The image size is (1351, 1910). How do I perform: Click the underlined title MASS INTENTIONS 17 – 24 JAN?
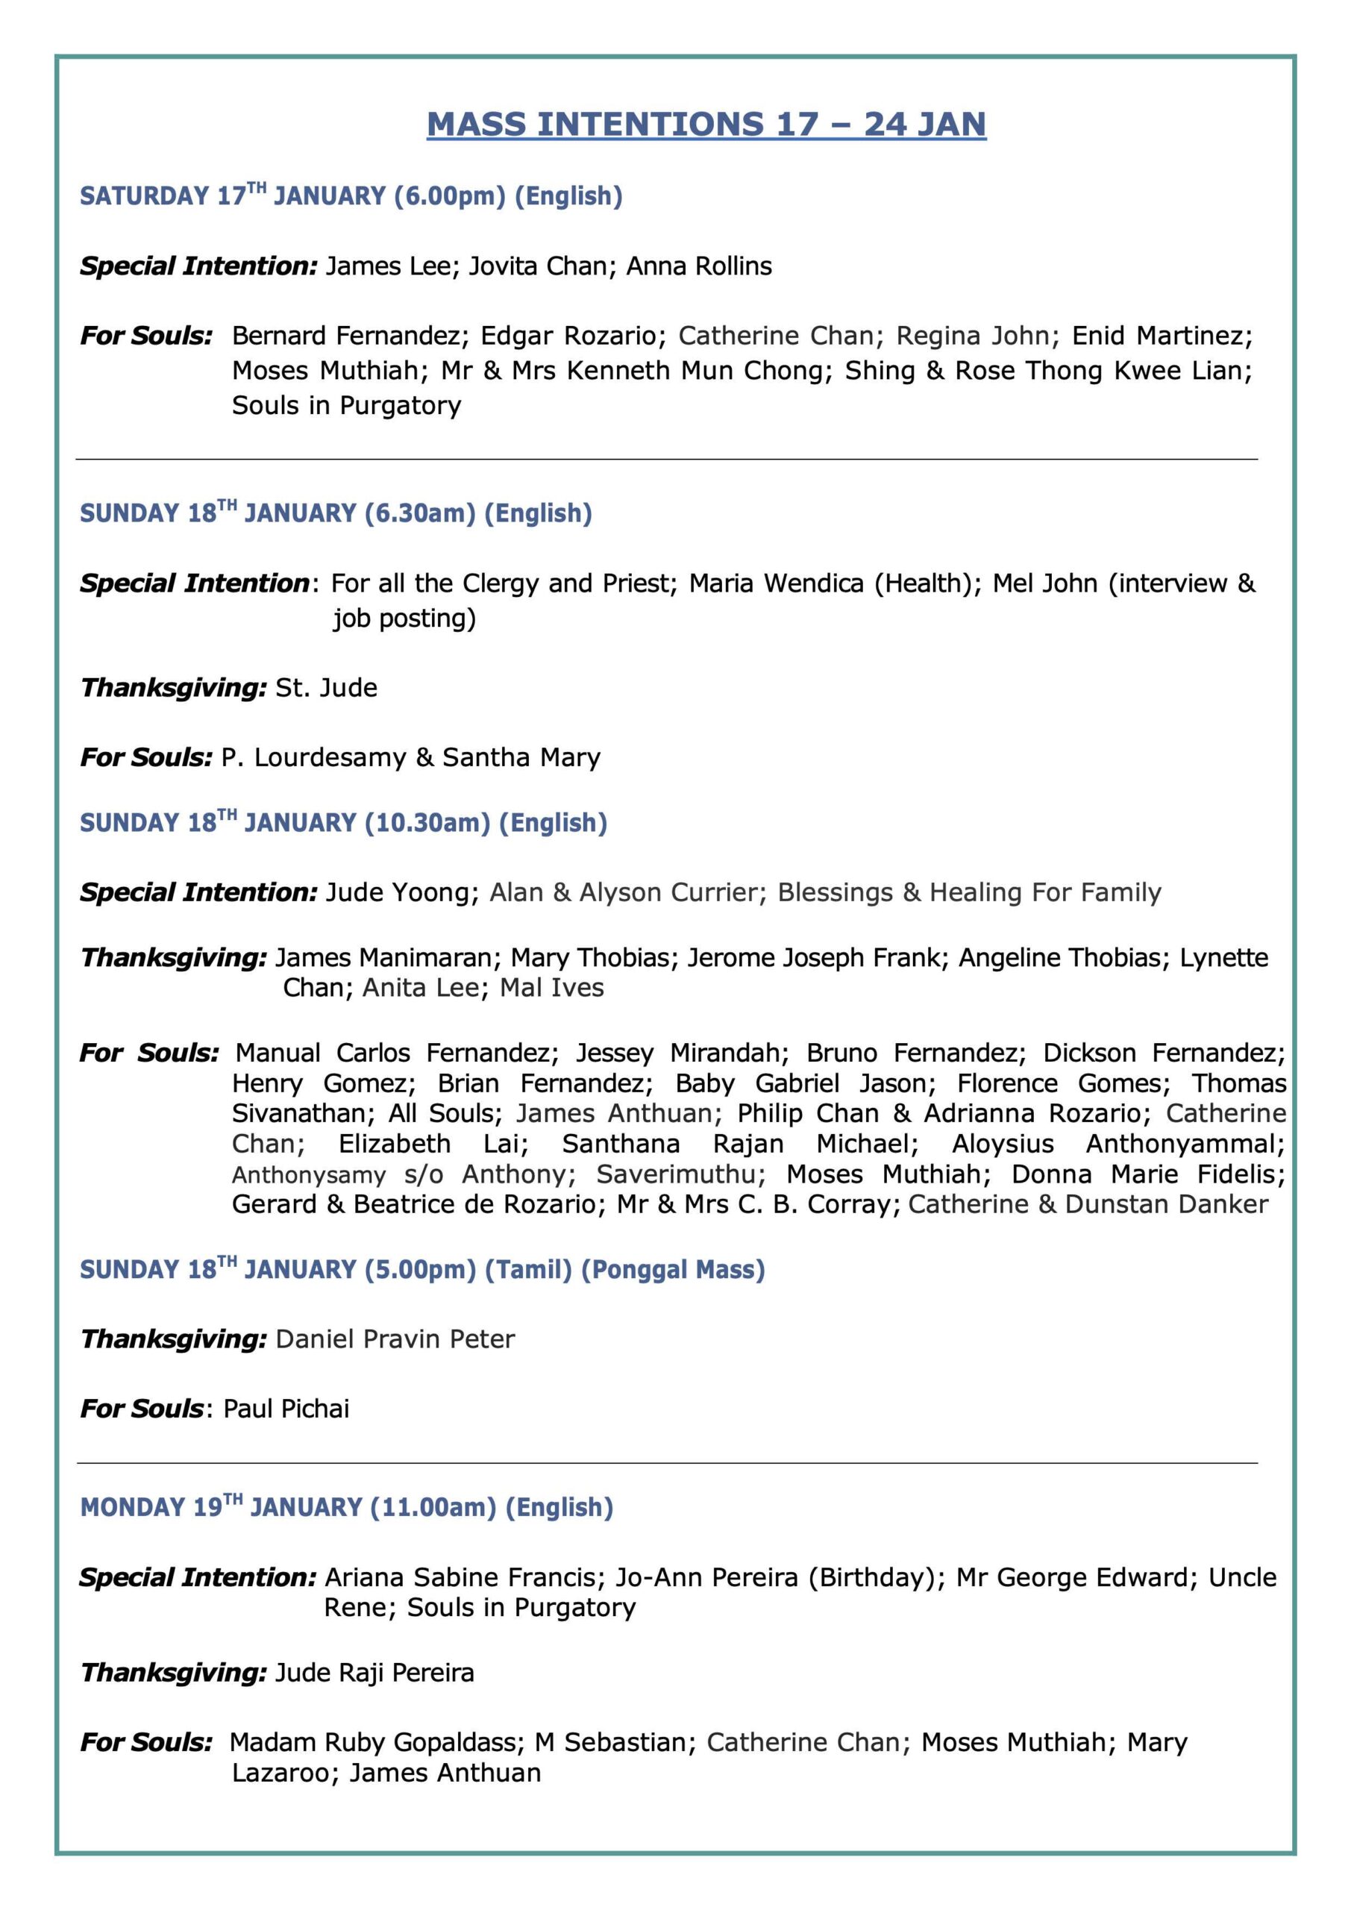point(706,124)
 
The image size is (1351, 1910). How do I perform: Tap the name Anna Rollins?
point(699,266)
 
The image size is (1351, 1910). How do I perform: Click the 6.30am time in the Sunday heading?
point(420,513)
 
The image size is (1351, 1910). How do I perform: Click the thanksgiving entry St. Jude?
point(326,688)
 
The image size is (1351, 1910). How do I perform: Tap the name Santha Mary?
point(521,758)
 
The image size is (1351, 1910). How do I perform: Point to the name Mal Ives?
point(551,989)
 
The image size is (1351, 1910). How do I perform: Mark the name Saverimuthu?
point(680,1174)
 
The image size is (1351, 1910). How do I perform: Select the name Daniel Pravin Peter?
point(395,1339)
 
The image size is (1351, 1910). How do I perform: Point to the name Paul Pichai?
point(286,1409)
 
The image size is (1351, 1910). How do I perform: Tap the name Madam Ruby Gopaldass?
point(376,1743)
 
